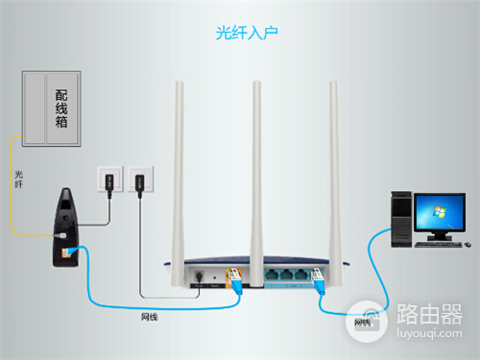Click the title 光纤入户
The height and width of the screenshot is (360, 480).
(247, 33)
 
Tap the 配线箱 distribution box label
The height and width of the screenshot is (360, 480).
(61, 108)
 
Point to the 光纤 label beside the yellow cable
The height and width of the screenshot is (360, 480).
(18, 180)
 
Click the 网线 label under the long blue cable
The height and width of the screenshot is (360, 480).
(150, 317)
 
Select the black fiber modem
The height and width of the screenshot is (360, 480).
(65, 228)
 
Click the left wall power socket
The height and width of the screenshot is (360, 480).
(110, 180)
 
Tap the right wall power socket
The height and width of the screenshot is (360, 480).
(140, 179)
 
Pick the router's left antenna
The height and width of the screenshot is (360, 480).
(178, 183)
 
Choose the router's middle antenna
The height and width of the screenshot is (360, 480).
(256, 183)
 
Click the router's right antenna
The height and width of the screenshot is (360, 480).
(334, 183)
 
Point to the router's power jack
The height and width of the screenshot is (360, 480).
(200, 276)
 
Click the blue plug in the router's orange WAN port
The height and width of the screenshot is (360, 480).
(236, 281)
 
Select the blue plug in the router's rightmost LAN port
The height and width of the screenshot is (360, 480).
(318, 281)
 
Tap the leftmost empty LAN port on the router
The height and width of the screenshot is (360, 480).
(272, 275)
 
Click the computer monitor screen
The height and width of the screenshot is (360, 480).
(440, 212)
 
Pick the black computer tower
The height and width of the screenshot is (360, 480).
(401, 219)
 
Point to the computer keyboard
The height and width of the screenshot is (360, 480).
(438, 245)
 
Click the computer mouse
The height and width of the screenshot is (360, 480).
(468, 245)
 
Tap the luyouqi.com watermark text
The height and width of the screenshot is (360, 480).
(429, 333)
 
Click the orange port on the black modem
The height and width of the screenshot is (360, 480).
(66, 252)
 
